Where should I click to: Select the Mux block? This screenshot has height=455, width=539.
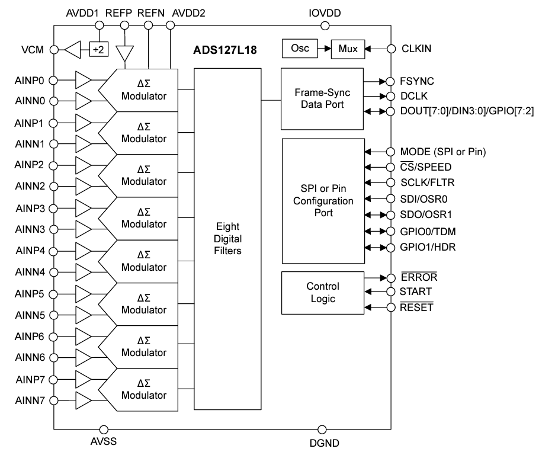pyautogui.click(x=348, y=49)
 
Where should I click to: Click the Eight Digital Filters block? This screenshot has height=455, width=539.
pyautogui.click(x=227, y=239)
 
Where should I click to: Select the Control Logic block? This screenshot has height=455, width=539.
pyautogui.click(x=322, y=293)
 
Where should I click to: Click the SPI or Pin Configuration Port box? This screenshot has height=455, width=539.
pyautogui.click(x=322, y=201)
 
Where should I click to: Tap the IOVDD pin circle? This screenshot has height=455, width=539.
pyautogui.click(x=325, y=25)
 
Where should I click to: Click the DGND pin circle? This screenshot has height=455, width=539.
pyautogui.click(x=323, y=428)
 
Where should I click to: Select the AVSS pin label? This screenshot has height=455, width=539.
pyautogui.click(x=104, y=443)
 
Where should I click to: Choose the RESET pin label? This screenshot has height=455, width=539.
pyautogui.click(x=416, y=307)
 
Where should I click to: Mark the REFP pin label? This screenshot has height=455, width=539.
pyautogui.click(x=125, y=12)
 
